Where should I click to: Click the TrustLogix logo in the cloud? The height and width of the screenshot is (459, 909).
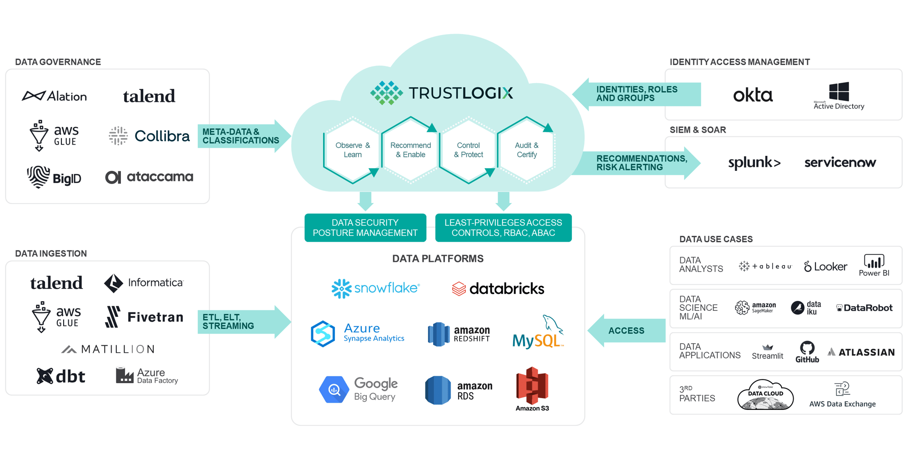click(x=441, y=93)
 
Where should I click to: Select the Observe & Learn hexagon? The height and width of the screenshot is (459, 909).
click(x=352, y=150)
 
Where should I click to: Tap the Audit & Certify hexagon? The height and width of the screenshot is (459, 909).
click(x=526, y=150)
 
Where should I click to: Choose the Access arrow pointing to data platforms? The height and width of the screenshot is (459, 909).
click(x=626, y=331)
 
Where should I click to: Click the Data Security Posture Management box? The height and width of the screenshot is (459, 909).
click(x=365, y=228)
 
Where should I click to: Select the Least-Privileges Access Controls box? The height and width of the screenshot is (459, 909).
click(x=503, y=228)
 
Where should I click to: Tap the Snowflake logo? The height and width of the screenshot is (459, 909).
click(x=375, y=289)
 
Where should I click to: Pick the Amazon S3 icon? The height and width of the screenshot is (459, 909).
click(x=532, y=387)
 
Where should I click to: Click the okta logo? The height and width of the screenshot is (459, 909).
click(x=753, y=95)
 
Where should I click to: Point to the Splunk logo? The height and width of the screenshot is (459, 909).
click(x=754, y=163)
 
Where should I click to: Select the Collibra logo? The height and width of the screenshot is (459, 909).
click(x=149, y=136)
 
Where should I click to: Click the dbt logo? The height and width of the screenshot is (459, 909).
click(x=61, y=376)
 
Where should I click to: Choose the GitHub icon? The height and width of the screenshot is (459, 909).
click(x=807, y=351)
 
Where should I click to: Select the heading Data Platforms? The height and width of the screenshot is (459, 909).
click(x=438, y=259)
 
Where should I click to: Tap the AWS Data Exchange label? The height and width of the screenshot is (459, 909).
click(x=842, y=404)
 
